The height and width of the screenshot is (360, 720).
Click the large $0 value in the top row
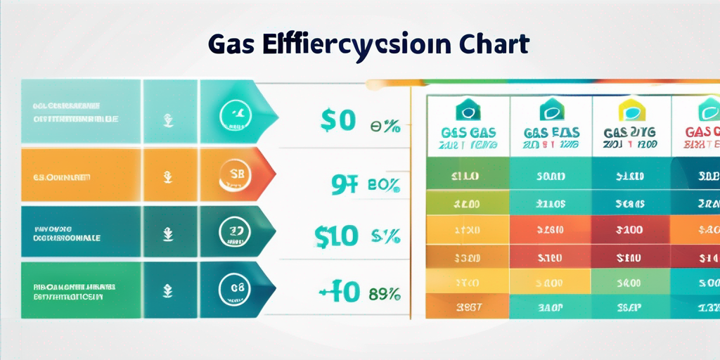click(x=337, y=120)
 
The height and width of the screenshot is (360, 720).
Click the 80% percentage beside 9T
click(x=384, y=186)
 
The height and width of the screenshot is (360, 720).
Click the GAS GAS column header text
click(x=468, y=131)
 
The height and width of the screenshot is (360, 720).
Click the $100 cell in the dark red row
click(x=631, y=229)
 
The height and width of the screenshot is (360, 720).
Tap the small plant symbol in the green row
click(x=169, y=289)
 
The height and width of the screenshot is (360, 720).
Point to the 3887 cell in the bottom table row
click(x=468, y=306)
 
